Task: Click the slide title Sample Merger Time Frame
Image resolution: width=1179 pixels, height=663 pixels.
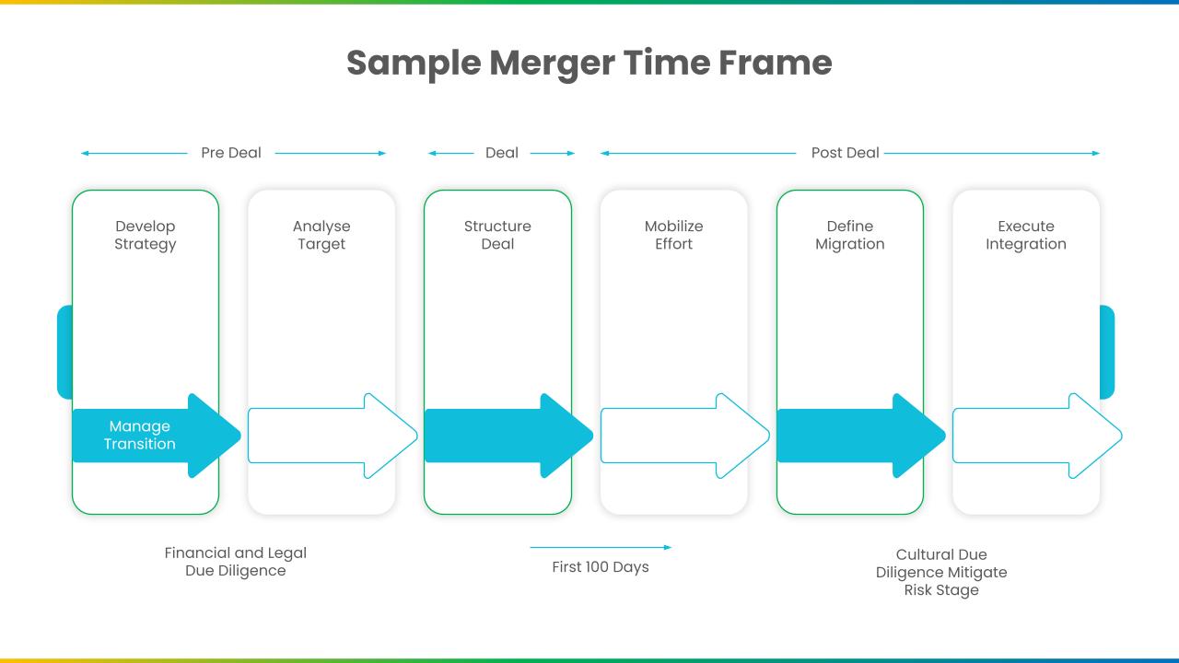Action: pos(589,64)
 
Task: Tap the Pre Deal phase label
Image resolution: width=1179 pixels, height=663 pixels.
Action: pos(231,153)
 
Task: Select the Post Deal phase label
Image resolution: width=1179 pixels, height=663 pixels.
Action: pos(845,153)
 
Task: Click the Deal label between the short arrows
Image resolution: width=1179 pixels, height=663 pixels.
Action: pos(502,153)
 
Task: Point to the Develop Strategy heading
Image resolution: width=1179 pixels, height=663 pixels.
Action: pos(146,235)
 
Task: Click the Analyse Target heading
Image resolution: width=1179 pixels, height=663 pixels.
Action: pos(321,235)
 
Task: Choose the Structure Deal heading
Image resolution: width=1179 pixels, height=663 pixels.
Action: pos(497,235)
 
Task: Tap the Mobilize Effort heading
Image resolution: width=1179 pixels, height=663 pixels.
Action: pos(673,235)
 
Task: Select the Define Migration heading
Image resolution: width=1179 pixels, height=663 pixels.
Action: pos(850,235)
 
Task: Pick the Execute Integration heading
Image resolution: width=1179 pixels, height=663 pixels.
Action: pos(1026,235)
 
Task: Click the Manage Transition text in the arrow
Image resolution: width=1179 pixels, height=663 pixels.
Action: pos(139,435)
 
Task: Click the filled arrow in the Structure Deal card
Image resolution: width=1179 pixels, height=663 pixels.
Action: pos(508,436)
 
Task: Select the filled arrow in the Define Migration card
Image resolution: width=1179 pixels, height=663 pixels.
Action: pos(861,436)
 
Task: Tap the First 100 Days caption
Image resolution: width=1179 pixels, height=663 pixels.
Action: pos(601,567)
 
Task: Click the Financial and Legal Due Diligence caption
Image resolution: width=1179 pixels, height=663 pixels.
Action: pos(235,562)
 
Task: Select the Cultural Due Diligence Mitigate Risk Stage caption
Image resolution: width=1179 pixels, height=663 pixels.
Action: pos(941,573)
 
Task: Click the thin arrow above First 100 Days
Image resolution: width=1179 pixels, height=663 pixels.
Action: pos(601,547)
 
